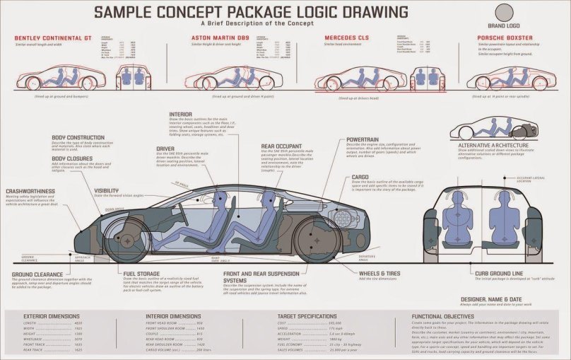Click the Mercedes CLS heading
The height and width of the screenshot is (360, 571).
[346, 37]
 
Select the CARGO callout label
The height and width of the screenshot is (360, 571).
[360, 176]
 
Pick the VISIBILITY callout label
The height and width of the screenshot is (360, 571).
[107, 190]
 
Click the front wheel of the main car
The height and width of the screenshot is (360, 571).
[126, 240]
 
